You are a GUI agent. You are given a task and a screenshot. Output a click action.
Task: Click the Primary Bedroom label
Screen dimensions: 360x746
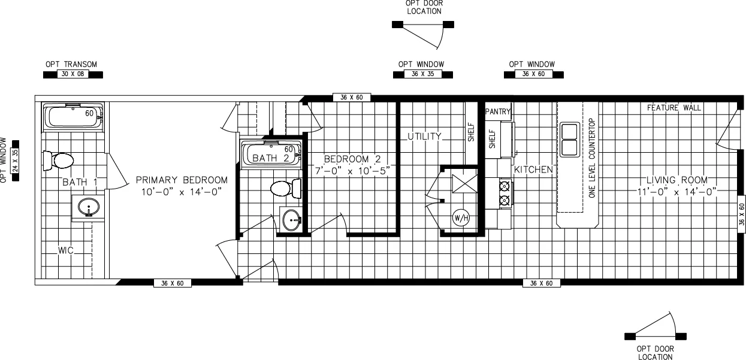coord(182,180)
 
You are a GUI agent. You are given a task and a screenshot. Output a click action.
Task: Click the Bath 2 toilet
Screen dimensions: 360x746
coord(285,189)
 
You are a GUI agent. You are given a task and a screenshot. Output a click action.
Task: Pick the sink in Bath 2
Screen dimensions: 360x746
coord(292,220)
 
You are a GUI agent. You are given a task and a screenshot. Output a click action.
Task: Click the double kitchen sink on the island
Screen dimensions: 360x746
coord(569,139)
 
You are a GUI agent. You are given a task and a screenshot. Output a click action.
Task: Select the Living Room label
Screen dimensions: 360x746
coord(677,180)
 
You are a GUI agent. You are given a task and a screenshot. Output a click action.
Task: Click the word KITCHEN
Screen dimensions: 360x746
coord(533,170)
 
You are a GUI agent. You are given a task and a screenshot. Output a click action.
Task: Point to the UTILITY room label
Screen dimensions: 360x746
coord(424,137)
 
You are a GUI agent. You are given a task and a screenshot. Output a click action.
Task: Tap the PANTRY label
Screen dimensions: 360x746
coord(498,111)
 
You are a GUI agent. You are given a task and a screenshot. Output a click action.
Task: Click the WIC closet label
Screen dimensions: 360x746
coord(65,250)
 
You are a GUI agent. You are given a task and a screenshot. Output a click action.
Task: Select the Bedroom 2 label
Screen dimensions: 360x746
coord(352,159)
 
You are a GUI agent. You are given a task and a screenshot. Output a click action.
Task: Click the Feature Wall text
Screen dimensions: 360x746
coord(674,108)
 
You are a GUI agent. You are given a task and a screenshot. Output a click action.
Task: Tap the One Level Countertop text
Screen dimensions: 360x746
coord(591,158)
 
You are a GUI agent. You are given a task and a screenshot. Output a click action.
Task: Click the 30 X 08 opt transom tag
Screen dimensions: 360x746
coord(73,75)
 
